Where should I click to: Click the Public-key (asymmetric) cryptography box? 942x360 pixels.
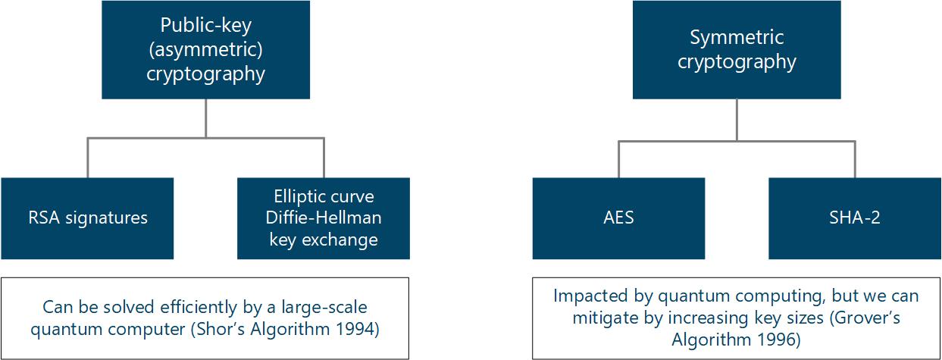pyautogui.click(x=205, y=49)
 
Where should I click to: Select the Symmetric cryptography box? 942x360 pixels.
pyautogui.click(x=737, y=49)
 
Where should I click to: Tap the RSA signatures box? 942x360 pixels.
pyautogui.click(x=87, y=218)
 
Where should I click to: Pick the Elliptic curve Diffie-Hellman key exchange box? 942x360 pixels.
pyautogui.click(x=324, y=218)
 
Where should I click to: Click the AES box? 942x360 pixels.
pyautogui.click(x=618, y=218)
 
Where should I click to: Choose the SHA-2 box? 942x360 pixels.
pyautogui.click(x=855, y=218)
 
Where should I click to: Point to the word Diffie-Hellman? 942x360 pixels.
pyautogui.click(x=324, y=218)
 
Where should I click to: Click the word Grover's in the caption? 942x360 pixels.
pyautogui.click(x=873, y=318)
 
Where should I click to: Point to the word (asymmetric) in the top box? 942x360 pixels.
pyautogui.click(x=205, y=49)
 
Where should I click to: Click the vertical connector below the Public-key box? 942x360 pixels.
pyautogui.click(x=205, y=118)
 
